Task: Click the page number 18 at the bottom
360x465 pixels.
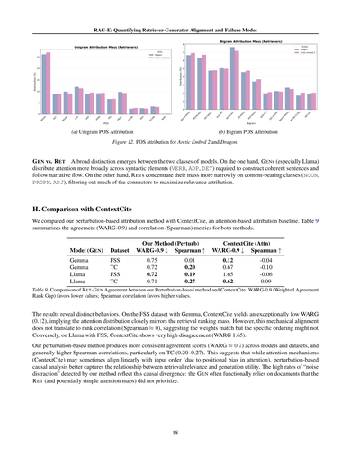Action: click(180, 432)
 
